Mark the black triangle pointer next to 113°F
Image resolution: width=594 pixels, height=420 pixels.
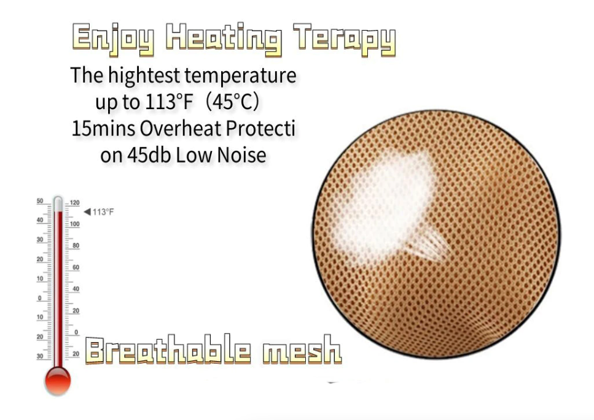pos(87,212)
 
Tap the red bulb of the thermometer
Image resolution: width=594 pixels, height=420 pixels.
pos(58,380)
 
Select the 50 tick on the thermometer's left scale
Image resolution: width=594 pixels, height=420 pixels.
pos(40,201)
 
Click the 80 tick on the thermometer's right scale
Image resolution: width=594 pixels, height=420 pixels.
pos(76,246)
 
